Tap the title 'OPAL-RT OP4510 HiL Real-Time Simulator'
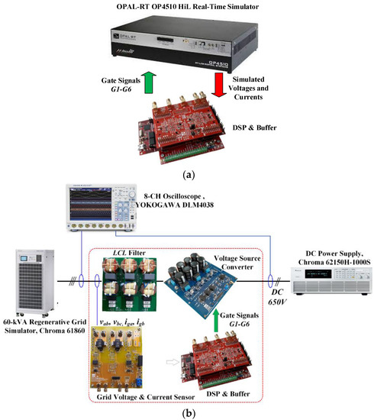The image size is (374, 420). (187, 6)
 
